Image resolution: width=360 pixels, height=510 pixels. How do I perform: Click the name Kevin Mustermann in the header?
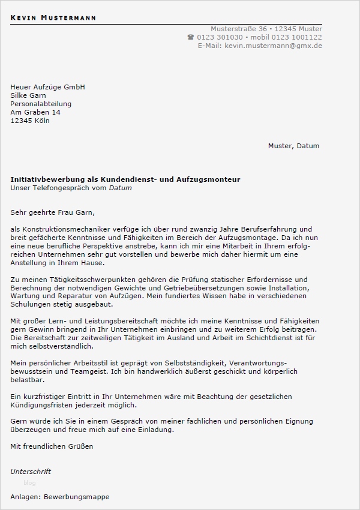[x=53, y=18]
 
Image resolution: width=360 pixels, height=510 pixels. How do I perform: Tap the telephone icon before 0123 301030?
[x=191, y=37]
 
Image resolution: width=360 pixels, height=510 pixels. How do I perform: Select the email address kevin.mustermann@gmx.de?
[x=273, y=46]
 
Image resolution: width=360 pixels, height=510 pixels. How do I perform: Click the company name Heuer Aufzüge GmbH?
[x=47, y=87]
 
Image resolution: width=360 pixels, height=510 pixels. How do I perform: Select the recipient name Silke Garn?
[x=28, y=95]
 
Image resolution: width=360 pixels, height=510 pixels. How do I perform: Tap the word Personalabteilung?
[x=41, y=104]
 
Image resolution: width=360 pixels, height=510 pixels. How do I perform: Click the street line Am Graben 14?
[x=35, y=112]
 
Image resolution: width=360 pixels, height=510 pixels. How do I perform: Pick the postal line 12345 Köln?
[x=30, y=121]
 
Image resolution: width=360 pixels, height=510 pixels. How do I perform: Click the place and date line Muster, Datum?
[x=293, y=146]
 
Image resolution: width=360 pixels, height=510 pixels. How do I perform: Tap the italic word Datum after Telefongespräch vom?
[x=120, y=188]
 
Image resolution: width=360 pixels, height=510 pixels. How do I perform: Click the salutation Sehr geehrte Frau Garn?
[x=53, y=212]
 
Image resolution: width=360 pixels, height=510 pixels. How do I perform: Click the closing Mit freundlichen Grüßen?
[x=52, y=446]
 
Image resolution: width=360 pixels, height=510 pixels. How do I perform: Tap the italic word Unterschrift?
[x=31, y=472]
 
